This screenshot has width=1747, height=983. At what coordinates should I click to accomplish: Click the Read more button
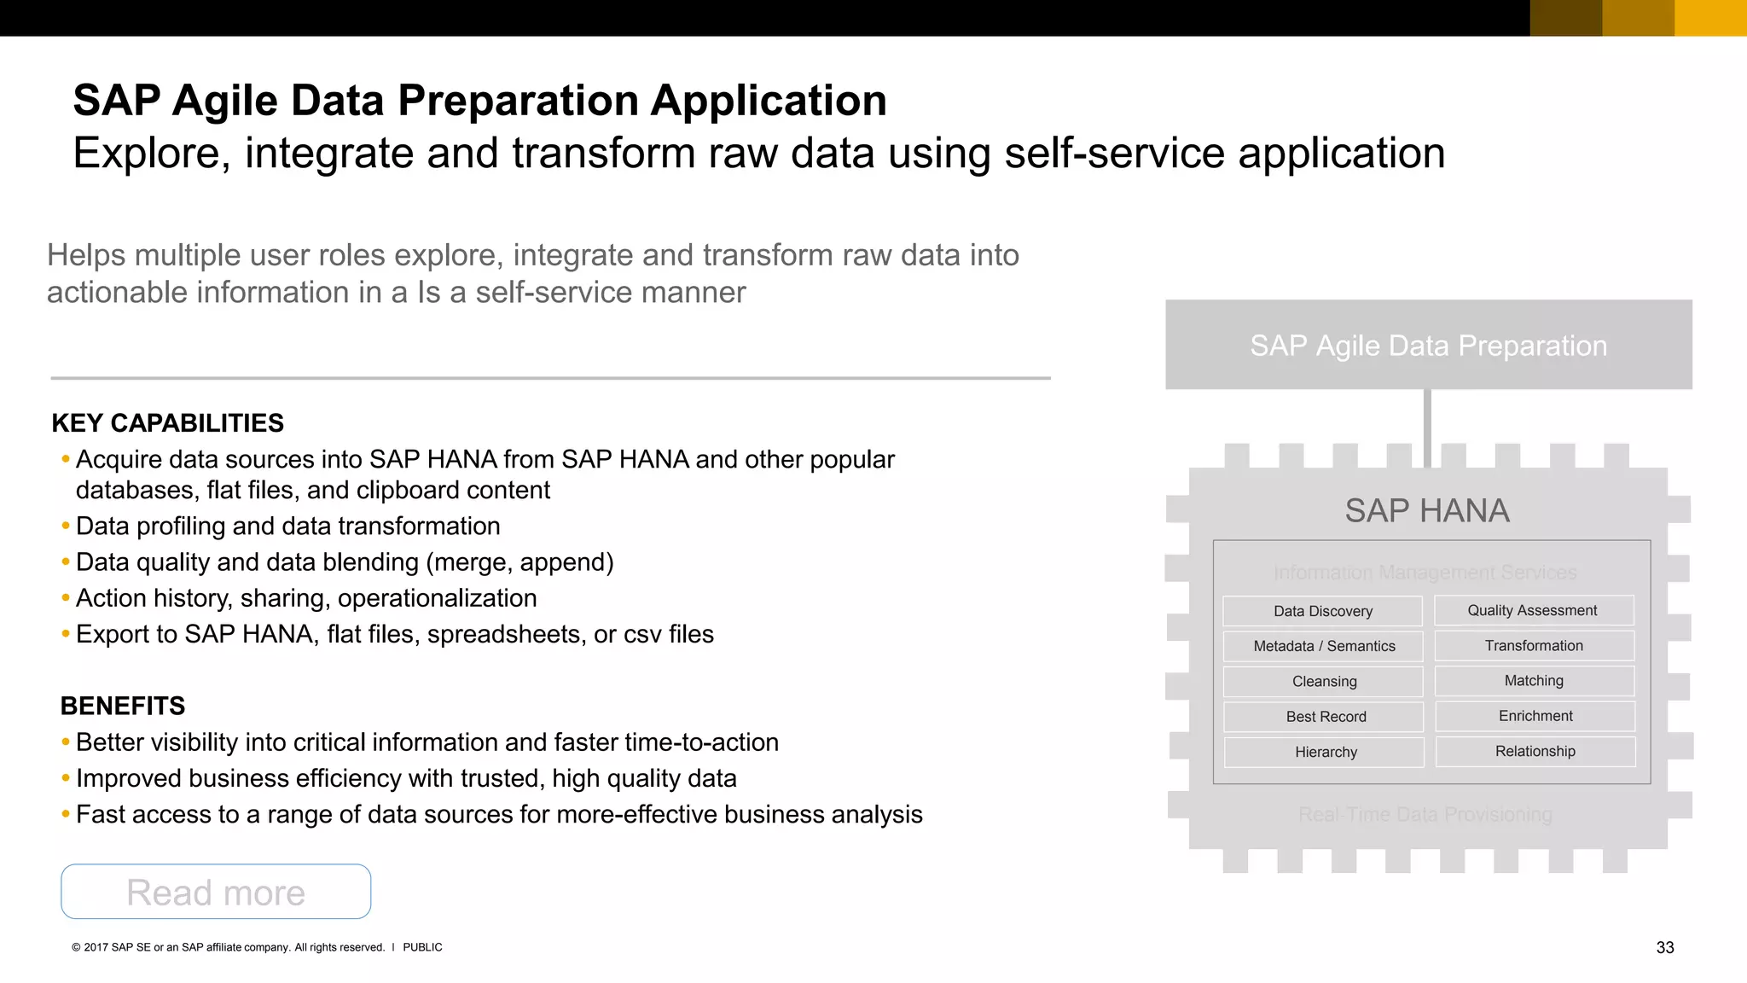tap(216, 892)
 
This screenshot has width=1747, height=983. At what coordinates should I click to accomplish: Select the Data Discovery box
tap(1322, 611)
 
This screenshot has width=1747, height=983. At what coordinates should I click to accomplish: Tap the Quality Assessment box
tap(1533, 610)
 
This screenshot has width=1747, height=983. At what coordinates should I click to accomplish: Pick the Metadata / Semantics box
tap(1323, 646)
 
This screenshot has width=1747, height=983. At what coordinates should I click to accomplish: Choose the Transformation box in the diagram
tap(1534, 645)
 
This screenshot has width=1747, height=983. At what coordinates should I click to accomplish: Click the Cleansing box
tap(1323, 681)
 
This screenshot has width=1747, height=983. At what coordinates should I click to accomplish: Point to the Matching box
tap(1534, 680)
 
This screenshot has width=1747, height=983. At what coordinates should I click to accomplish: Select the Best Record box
tap(1325, 717)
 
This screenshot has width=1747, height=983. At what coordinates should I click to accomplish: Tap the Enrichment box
tap(1535, 716)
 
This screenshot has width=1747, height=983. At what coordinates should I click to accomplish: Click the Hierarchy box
tap(1325, 752)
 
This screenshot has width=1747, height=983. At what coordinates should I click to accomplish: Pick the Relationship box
tap(1535, 751)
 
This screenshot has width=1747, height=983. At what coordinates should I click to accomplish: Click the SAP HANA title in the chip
tap(1427, 510)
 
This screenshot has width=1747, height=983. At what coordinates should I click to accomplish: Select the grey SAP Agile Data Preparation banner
tap(1428, 345)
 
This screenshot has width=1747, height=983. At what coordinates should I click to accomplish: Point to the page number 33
tap(1664, 947)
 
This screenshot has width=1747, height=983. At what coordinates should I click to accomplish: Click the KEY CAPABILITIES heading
tap(168, 423)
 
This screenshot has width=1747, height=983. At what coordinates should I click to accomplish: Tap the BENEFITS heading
tap(123, 706)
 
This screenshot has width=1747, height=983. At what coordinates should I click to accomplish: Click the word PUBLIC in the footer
tap(422, 947)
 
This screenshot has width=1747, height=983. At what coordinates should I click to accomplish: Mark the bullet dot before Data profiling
tap(66, 526)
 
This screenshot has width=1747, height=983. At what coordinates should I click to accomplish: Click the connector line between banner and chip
tap(1427, 427)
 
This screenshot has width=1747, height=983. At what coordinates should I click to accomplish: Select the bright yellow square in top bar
tap(1710, 18)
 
